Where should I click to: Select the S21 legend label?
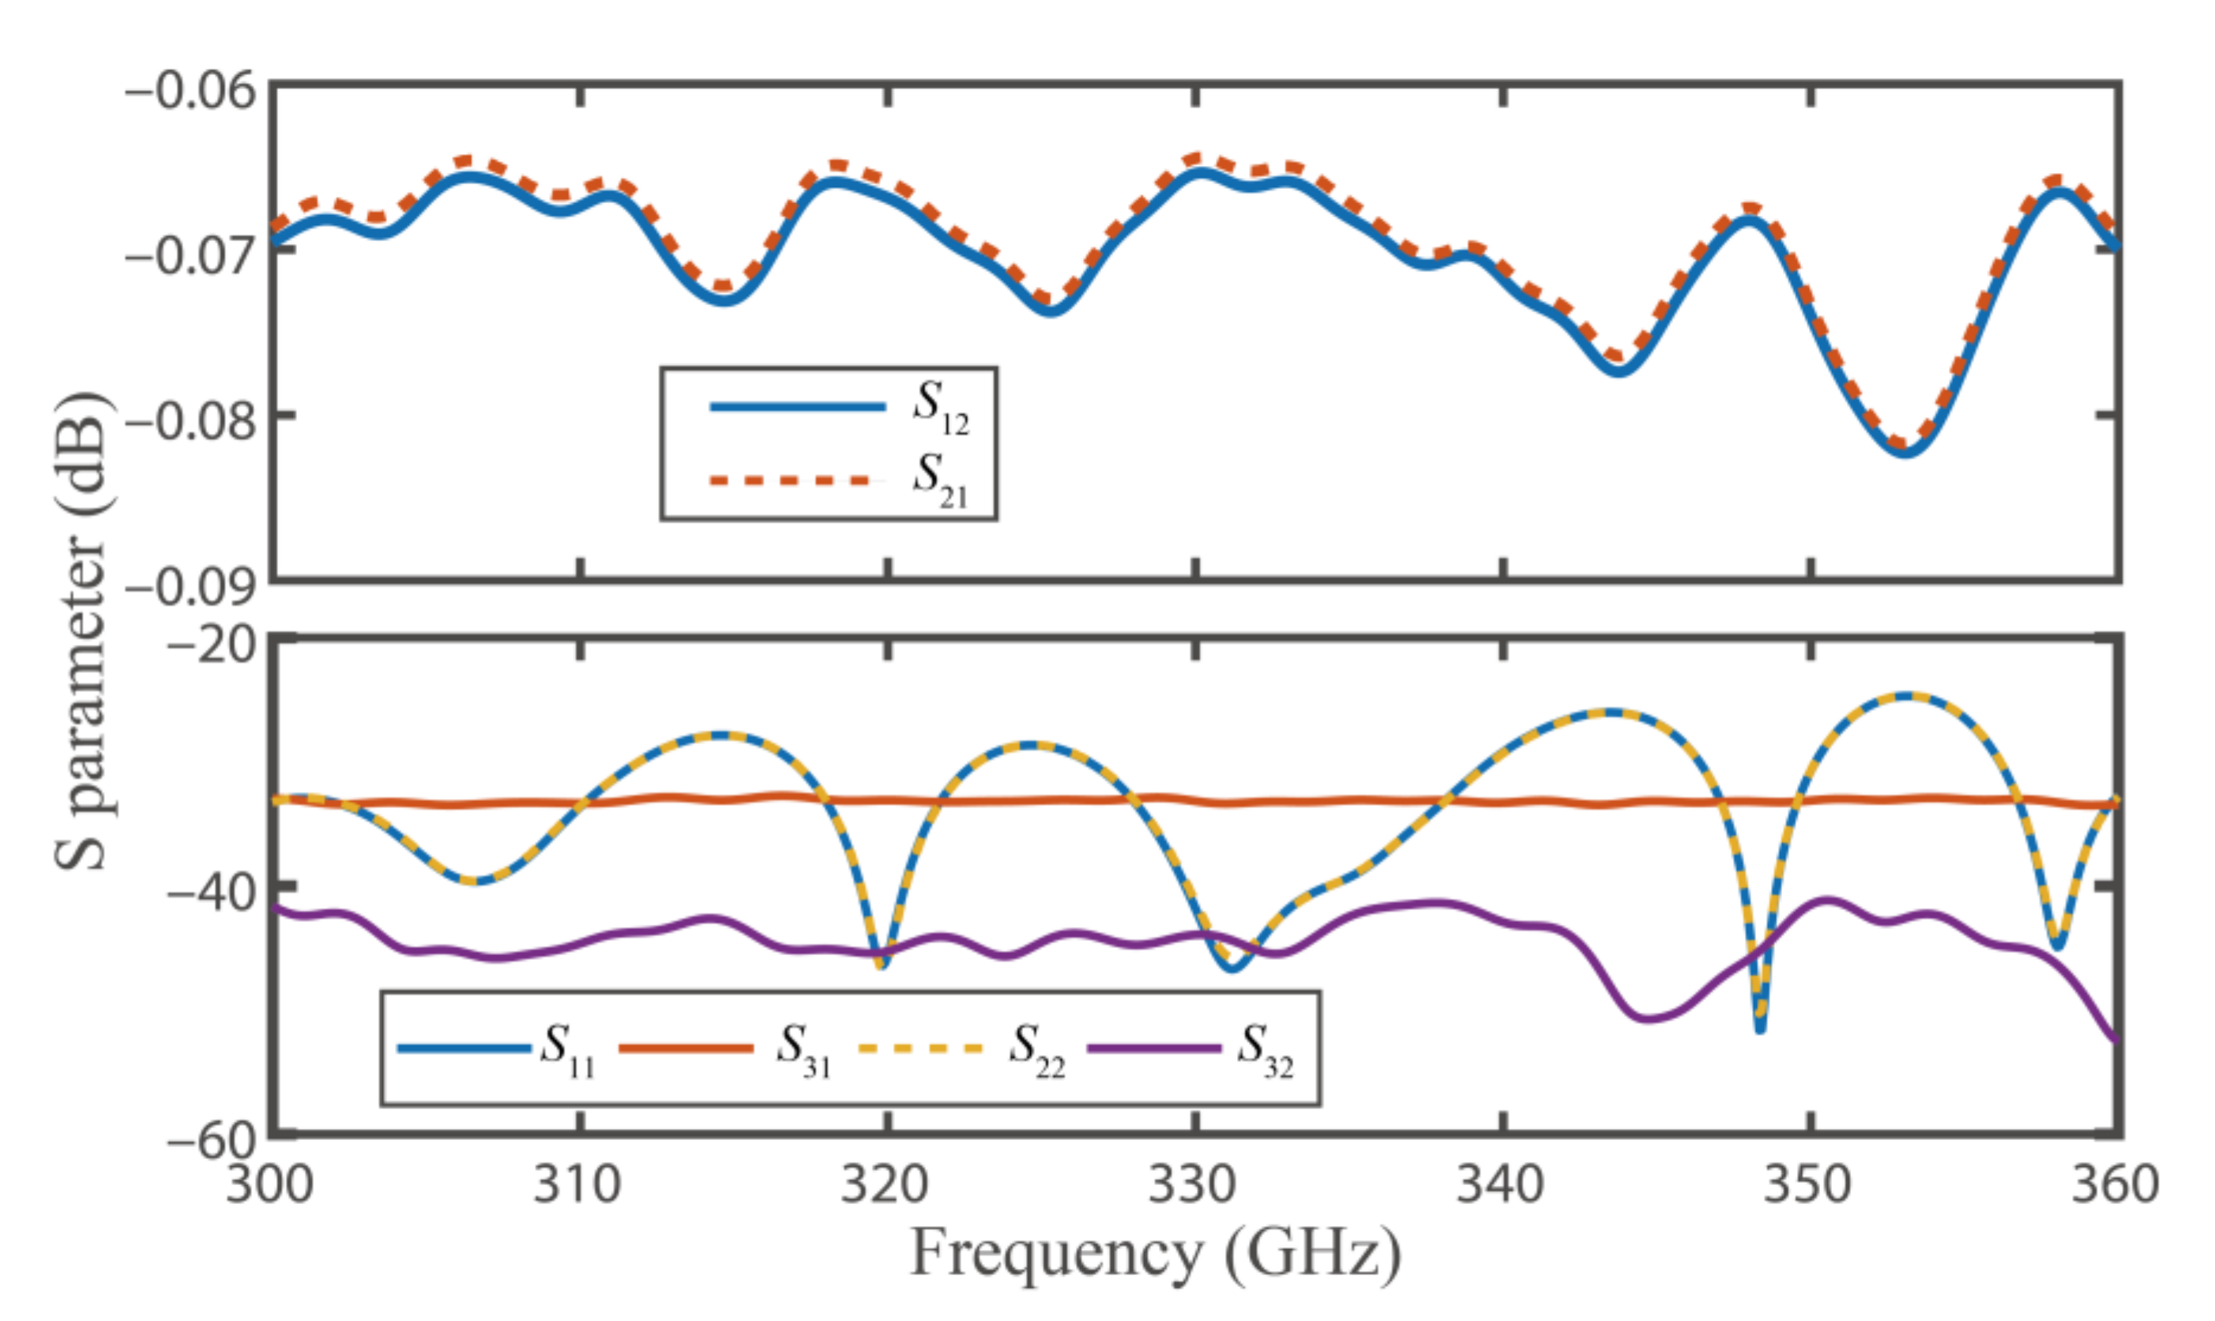point(940,480)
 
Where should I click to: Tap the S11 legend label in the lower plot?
point(568,1049)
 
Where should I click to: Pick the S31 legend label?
point(803,1049)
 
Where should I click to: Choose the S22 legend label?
point(1036,1049)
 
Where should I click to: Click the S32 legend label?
point(1265,1049)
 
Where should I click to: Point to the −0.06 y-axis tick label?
point(190,91)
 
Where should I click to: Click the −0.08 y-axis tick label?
point(190,420)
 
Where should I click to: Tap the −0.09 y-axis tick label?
point(190,586)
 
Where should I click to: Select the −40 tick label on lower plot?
point(211,891)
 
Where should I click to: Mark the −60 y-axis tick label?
point(211,1139)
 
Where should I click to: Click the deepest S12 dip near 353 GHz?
point(1904,453)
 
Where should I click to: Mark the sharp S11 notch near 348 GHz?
point(1759,1028)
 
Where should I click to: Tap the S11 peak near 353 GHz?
point(1905,695)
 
